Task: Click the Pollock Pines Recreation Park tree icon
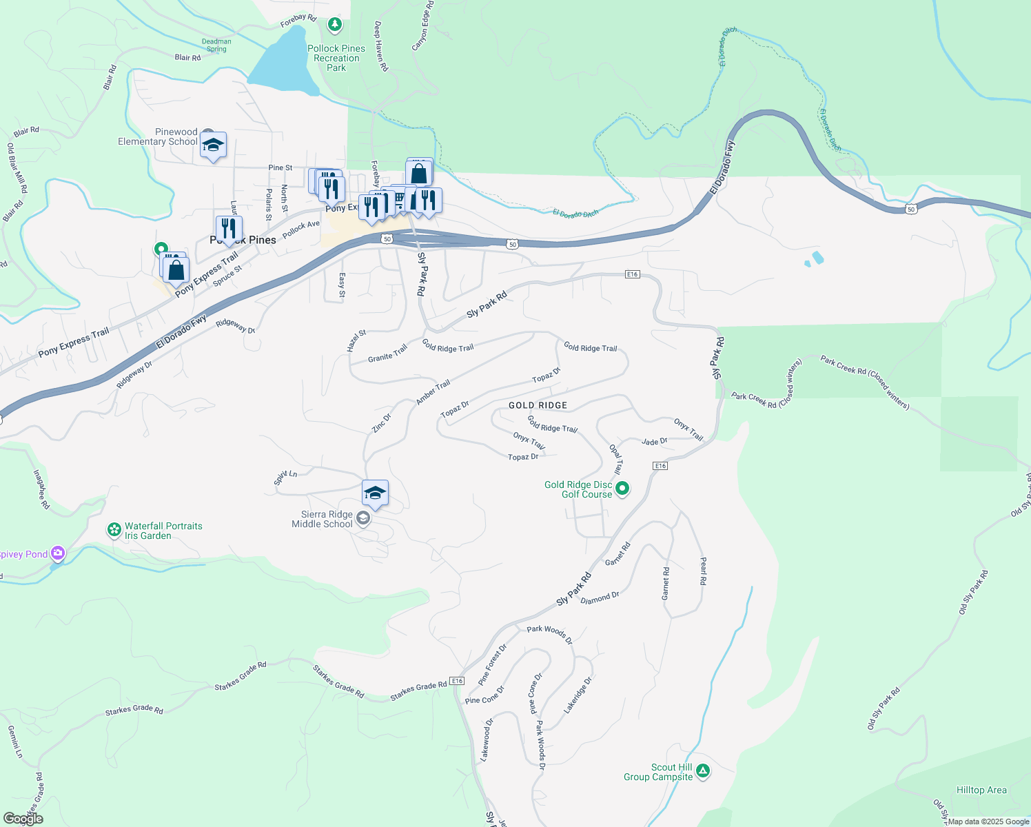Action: (335, 25)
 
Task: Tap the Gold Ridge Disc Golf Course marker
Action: (622, 489)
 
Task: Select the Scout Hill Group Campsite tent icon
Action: (702, 770)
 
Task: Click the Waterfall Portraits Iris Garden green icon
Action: (114, 530)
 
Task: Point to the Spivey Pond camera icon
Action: (58, 553)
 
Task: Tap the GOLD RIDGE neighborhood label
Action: (538, 405)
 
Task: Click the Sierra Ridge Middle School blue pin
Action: (375, 493)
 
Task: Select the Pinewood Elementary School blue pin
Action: (214, 145)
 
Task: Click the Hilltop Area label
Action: (981, 790)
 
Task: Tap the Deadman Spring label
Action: (216, 45)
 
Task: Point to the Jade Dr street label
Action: (654, 441)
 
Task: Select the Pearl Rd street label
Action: (703, 571)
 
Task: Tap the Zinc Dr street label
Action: (381, 422)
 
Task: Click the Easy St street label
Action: (342, 285)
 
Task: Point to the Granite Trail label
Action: (387, 354)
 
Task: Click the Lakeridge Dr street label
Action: (578, 695)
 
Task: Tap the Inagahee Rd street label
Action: (41, 489)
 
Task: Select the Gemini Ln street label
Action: (15, 742)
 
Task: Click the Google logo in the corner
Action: (23, 819)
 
